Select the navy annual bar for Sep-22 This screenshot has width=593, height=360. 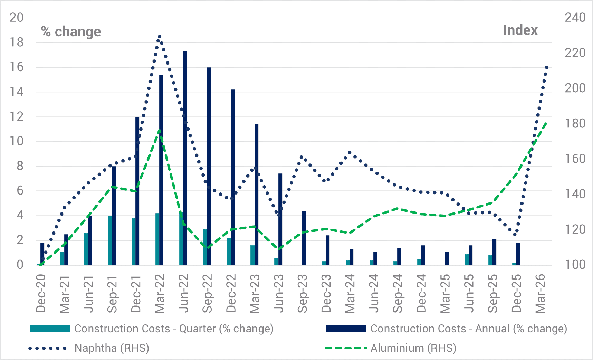tap(209, 166)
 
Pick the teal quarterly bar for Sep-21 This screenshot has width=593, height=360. tap(110, 240)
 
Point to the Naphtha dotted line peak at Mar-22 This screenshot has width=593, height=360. tap(159, 36)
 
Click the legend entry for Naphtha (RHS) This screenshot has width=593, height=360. tap(112, 348)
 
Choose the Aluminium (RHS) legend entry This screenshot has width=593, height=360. tap(413, 348)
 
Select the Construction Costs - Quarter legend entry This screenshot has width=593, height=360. tap(174, 329)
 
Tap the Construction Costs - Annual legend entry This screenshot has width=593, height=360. tap(469, 329)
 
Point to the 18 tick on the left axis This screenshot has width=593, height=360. tap(17, 42)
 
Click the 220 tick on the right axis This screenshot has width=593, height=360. tap(575, 53)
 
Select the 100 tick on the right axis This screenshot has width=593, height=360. tap(575, 265)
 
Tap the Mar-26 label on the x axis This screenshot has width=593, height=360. tap(541, 293)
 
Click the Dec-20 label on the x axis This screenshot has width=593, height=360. tap(41, 293)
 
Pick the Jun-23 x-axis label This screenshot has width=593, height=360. tap(279, 293)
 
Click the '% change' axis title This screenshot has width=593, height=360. tap(71, 31)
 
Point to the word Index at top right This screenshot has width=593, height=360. tap(520, 30)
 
